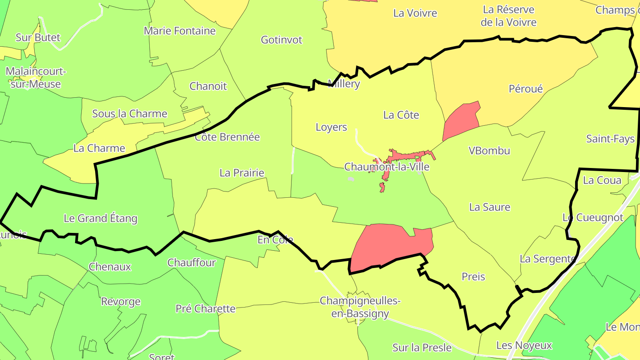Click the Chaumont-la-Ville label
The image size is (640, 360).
tap(387, 167)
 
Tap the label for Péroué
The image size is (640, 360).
tap(526, 89)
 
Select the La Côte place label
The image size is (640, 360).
tap(401, 115)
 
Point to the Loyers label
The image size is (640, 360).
tap(331, 127)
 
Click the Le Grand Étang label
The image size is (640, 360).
tap(100, 218)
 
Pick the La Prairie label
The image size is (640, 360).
tap(242, 173)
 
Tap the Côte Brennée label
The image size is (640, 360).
tap(227, 137)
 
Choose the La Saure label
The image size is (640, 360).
tap(490, 207)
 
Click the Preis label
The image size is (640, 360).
tap(473, 276)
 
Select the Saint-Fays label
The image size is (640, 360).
tap(610, 139)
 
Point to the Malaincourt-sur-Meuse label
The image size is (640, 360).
tap(36, 78)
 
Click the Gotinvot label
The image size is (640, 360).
tap(281, 40)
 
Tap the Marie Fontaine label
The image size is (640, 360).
tap(180, 31)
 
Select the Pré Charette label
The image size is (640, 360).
tap(205, 308)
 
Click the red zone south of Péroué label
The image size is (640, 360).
tap(461, 121)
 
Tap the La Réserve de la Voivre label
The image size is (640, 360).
tap(508, 16)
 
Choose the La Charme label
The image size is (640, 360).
tap(99, 148)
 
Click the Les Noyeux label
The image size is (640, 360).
tap(524, 345)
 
